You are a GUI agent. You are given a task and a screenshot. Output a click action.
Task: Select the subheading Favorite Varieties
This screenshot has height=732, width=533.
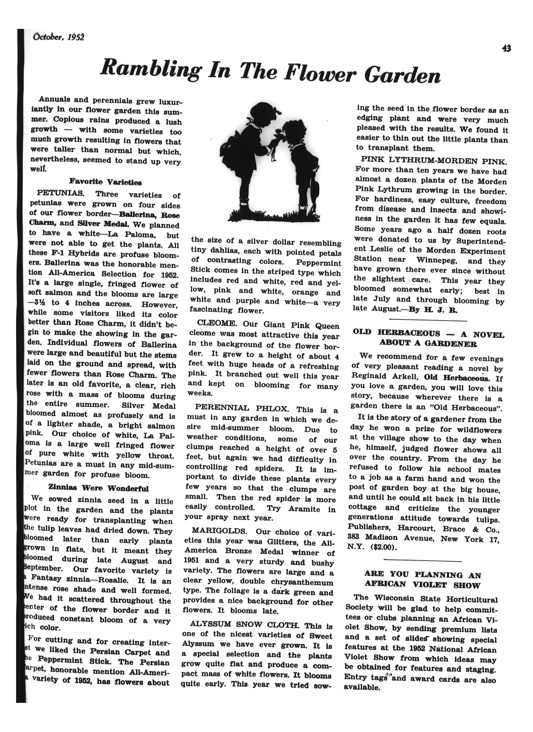tap(106, 182)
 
